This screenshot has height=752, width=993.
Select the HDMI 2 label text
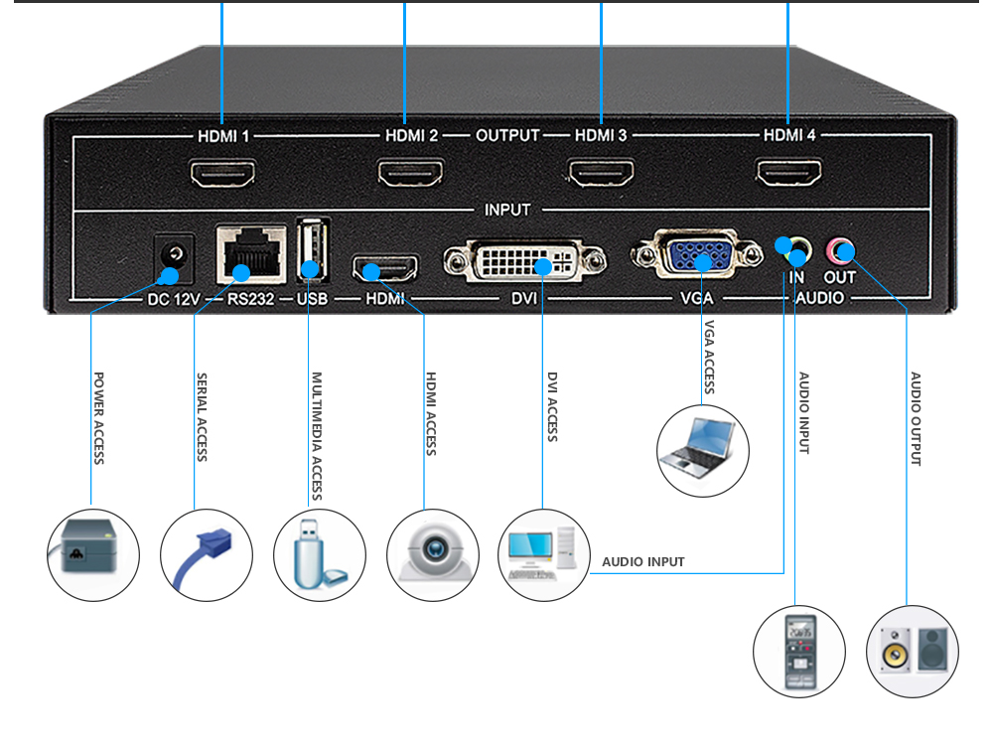point(411,135)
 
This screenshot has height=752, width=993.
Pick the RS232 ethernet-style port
point(250,256)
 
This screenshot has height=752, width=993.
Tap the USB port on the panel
point(311,249)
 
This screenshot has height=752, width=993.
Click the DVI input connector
point(524,262)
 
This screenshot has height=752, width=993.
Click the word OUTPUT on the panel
point(506,135)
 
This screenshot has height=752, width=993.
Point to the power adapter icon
point(93,554)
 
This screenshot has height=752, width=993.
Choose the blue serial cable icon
point(207,554)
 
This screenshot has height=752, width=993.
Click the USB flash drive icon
point(319,554)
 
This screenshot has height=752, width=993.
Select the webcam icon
point(432,554)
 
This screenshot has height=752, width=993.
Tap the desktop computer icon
point(543,554)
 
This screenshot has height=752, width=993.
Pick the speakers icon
point(913,652)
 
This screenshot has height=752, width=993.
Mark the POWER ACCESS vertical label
point(98,418)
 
